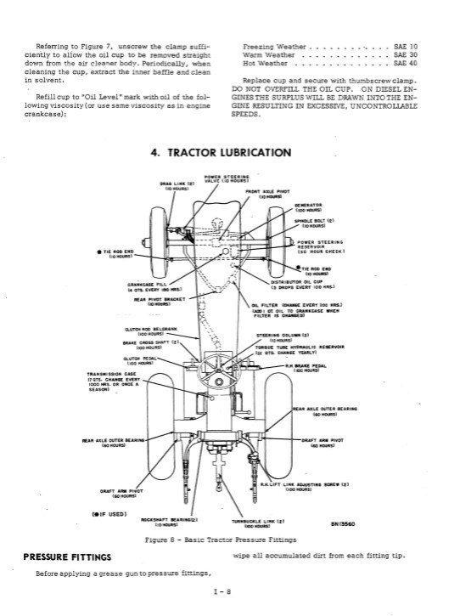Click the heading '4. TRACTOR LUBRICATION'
(x=221, y=153)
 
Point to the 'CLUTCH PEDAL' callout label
(x=126, y=383)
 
